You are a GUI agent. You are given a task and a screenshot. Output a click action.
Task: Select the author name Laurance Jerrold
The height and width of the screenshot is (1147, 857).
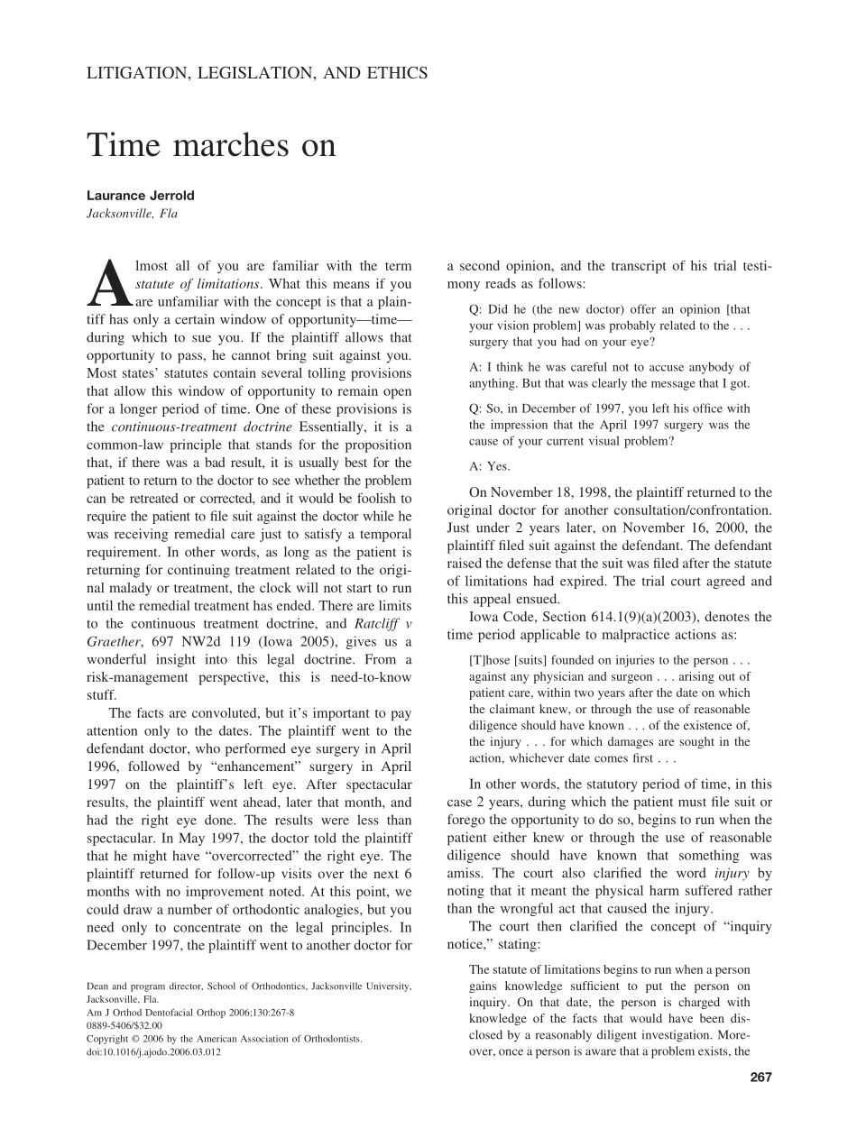point(140,196)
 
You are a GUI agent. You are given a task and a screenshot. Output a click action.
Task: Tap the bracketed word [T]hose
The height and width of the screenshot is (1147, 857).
point(491,659)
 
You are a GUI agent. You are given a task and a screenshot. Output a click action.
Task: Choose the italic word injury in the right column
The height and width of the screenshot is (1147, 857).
point(732,873)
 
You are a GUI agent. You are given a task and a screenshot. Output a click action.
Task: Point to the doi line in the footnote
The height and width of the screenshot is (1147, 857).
point(153,1051)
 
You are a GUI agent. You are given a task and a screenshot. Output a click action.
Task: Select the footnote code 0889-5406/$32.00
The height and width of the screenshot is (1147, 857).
point(124,1025)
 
